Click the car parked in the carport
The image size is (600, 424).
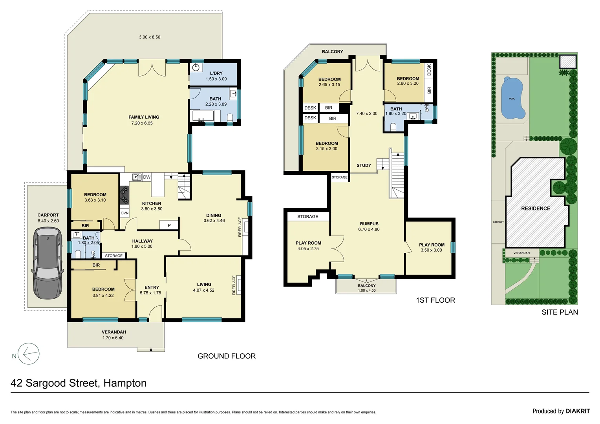point(48,263)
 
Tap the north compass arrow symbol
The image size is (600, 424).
point(29,354)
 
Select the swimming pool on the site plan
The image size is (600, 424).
point(512,99)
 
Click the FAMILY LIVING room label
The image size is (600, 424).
point(144,117)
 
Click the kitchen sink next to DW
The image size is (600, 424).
point(137,177)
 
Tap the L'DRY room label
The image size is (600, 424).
point(216,73)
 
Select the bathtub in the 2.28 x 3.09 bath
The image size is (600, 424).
point(203,116)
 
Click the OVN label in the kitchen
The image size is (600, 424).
point(124,213)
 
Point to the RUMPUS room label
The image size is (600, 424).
point(369,224)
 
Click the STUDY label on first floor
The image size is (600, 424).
point(364,166)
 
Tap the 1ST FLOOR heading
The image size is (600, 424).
point(435,300)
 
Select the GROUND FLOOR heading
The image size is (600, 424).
point(227,356)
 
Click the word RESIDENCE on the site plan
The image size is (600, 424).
point(536,208)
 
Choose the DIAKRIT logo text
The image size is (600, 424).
point(578,411)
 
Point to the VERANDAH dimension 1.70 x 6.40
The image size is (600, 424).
point(113,338)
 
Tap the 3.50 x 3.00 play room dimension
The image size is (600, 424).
point(432,250)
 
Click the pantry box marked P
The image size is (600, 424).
point(169,225)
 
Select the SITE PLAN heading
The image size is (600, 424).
point(560,313)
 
